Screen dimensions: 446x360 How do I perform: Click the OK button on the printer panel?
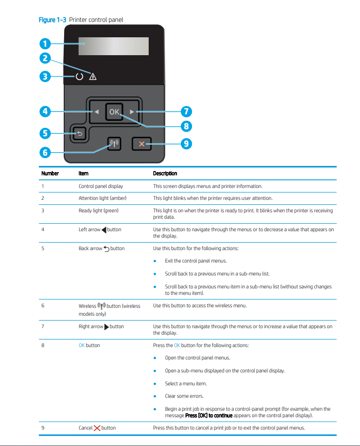(114, 112)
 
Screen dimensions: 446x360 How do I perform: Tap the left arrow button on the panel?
(96, 112)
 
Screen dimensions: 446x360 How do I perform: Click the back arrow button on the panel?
(79, 133)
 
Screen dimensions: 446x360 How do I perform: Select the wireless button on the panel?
(114, 144)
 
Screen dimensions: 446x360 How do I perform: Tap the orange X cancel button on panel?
(142, 144)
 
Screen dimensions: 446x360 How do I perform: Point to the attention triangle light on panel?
(92, 77)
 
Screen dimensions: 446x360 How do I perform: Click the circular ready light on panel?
(80, 77)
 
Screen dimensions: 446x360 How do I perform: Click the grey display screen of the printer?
(116, 46)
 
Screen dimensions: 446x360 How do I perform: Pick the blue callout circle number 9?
(186, 144)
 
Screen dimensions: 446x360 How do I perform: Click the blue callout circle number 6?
(45, 152)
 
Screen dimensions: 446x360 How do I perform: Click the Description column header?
(165, 174)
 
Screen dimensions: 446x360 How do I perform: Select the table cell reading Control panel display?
(100, 186)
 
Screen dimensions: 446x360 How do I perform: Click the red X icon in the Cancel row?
(97, 428)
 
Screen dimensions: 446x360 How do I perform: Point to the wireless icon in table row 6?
(101, 306)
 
